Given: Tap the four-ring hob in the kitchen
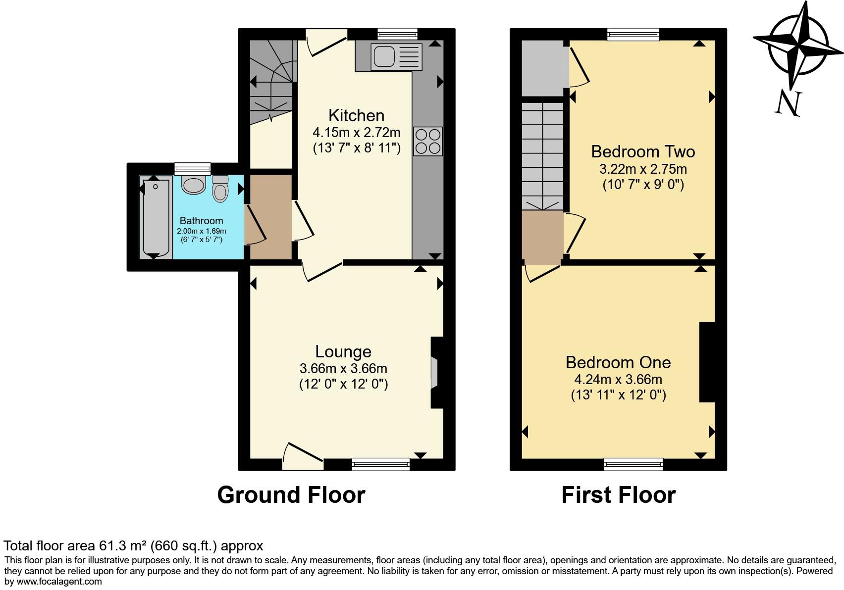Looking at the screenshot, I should click(427, 142).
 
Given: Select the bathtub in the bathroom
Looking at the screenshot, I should click(156, 218).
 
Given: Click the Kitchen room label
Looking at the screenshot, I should click(356, 115).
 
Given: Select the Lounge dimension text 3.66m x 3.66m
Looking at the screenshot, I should click(343, 369).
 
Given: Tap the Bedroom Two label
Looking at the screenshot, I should click(643, 151).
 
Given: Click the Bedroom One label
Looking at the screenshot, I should click(618, 362).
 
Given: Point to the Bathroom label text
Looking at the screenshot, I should click(201, 221).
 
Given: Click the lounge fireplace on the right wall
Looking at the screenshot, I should click(435, 372).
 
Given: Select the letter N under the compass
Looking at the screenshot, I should click(788, 104).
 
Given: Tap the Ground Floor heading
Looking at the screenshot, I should click(291, 495).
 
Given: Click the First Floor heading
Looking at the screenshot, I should click(618, 495).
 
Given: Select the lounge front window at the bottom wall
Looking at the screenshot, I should click(380, 464).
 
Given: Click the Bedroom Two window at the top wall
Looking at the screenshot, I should click(633, 34).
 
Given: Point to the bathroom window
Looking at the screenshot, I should click(192, 169).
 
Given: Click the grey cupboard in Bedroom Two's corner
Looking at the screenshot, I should click(543, 68).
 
